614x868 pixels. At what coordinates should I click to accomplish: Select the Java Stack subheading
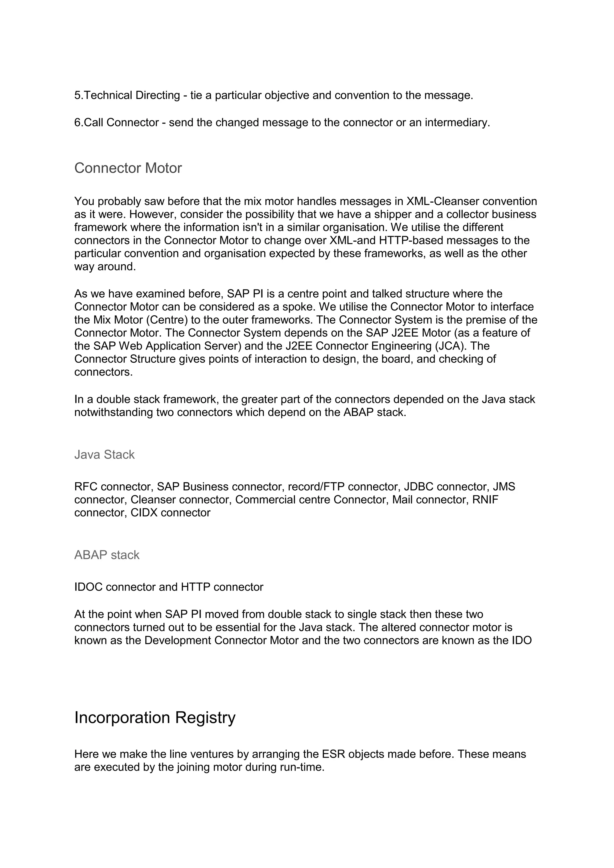(x=104, y=454)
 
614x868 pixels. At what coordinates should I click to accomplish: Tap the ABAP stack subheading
(x=107, y=555)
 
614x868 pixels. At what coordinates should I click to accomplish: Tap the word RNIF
(x=485, y=500)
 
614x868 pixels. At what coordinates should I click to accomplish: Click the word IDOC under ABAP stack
(x=88, y=587)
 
